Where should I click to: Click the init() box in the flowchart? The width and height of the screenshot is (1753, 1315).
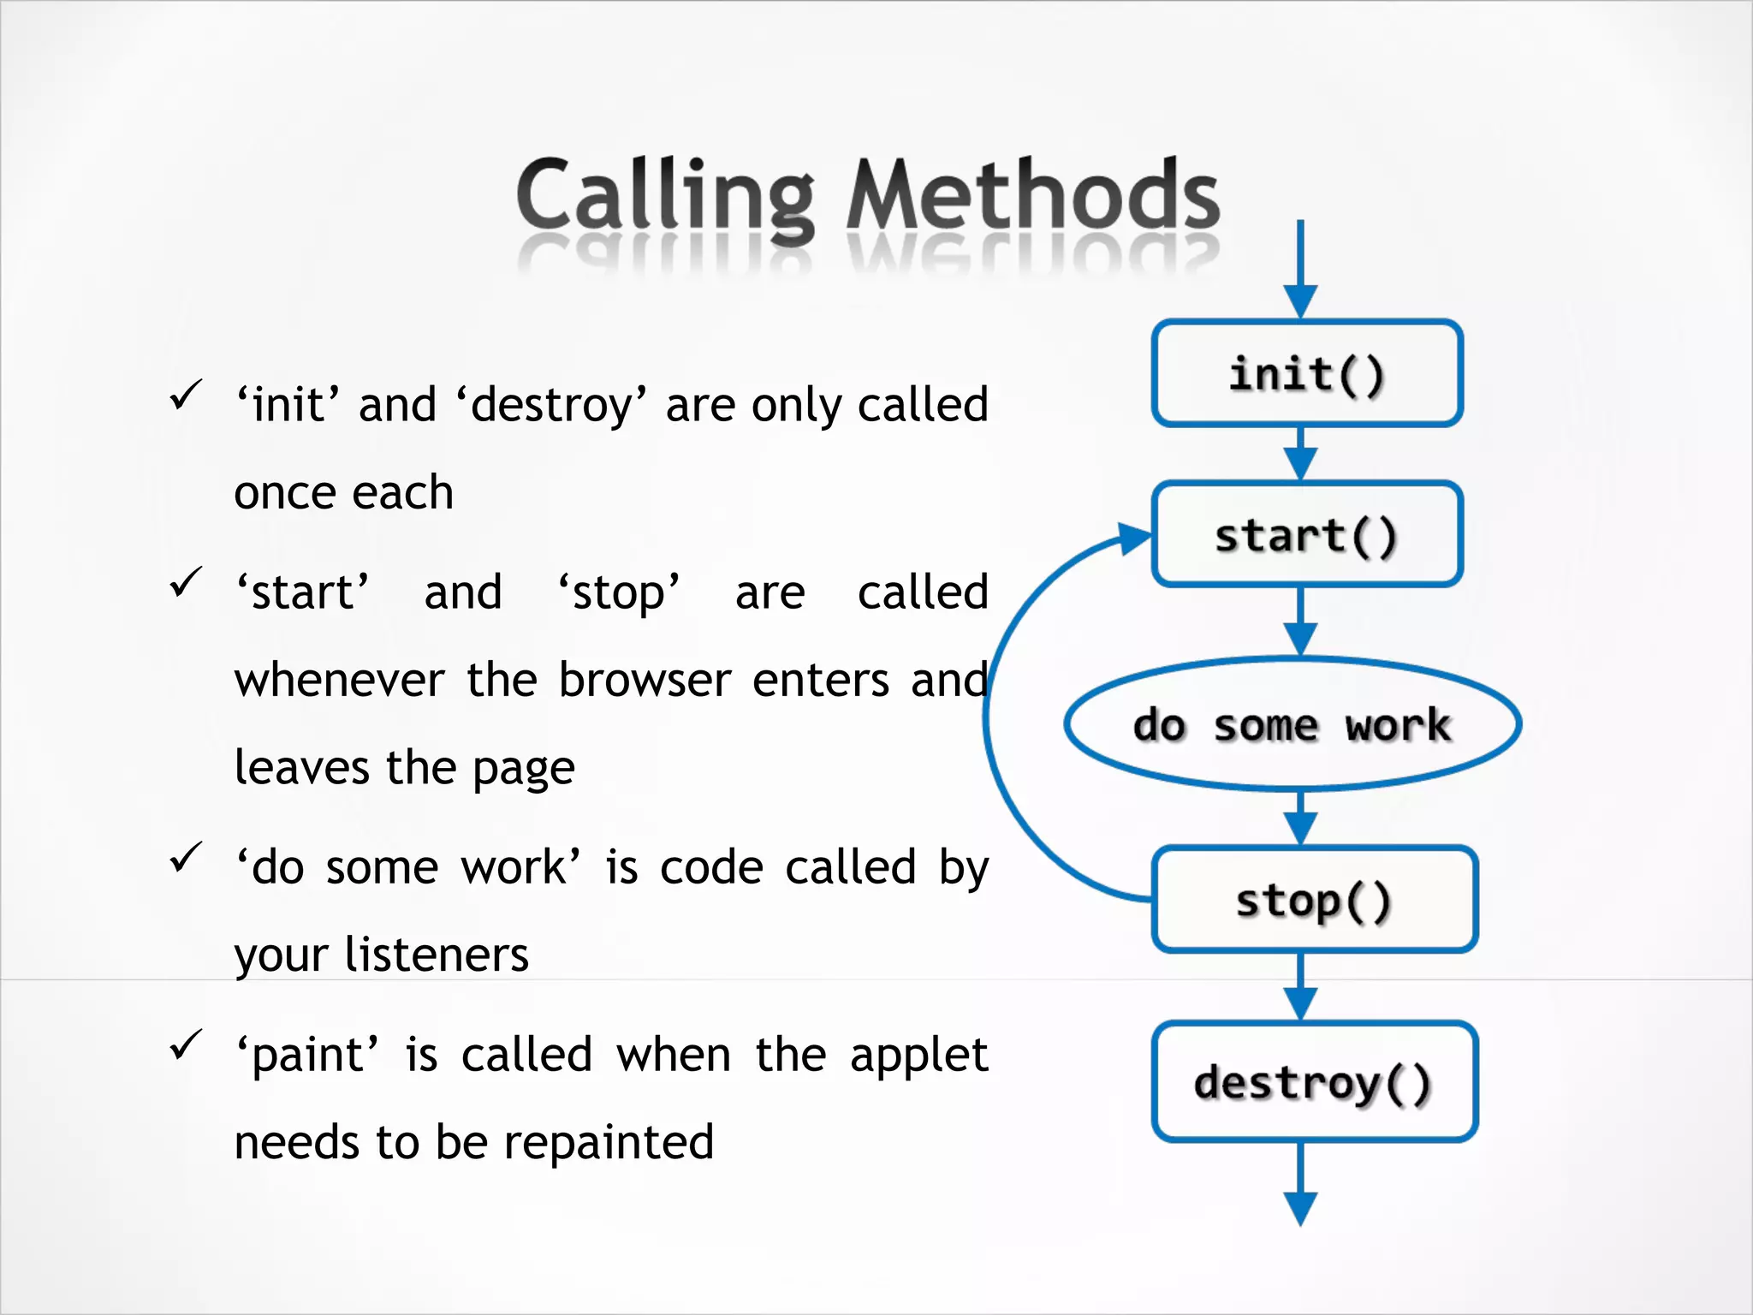click(x=1307, y=373)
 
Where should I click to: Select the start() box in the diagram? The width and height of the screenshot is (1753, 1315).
click(x=1307, y=535)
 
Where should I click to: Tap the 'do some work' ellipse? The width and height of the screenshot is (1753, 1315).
click(x=1292, y=724)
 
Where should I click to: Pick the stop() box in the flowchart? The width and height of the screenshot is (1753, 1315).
click(x=1315, y=900)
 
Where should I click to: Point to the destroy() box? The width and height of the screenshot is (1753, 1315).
click(x=1315, y=1082)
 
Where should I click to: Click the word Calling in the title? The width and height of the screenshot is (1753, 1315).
click(x=665, y=197)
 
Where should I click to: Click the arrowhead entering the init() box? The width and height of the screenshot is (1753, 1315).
click(x=1300, y=301)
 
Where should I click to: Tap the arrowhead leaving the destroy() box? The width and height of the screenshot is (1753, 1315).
click(x=1300, y=1208)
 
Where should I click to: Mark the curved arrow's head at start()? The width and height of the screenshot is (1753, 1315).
click(x=1135, y=538)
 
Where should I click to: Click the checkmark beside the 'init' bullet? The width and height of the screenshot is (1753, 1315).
click(x=186, y=395)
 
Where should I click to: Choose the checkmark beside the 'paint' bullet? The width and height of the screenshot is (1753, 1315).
click(x=186, y=1044)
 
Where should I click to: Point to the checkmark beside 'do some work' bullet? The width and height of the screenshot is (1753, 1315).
click(x=186, y=857)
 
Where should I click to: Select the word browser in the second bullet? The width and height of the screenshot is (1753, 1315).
click(x=645, y=681)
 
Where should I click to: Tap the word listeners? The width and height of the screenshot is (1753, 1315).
click(x=437, y=955)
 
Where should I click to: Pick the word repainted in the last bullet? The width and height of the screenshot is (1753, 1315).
click(x=609, y=1143)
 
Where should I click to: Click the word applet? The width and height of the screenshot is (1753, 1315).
click(x=918, y=1056)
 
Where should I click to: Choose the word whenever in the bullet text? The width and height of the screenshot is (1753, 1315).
click(x=339, y=681)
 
